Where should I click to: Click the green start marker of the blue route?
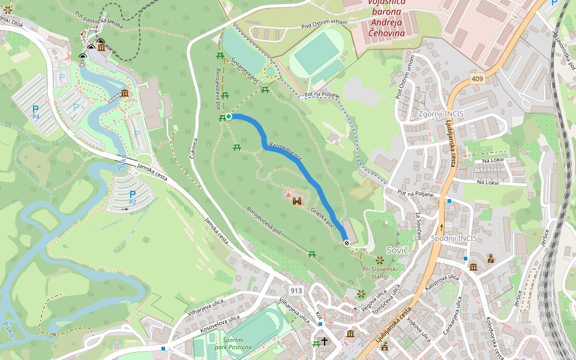coord(229,116)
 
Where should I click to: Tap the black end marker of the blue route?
coord(347,242)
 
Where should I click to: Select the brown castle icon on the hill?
coord(297,202)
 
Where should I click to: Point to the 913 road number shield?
coord(296,290)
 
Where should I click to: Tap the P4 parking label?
coord(35,112)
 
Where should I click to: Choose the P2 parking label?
coord(133,197)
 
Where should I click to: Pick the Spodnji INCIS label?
coord(454,238)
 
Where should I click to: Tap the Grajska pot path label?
coord(322,218)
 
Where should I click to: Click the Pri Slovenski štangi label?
coord(380,273)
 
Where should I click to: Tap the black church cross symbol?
coord(325,342)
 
